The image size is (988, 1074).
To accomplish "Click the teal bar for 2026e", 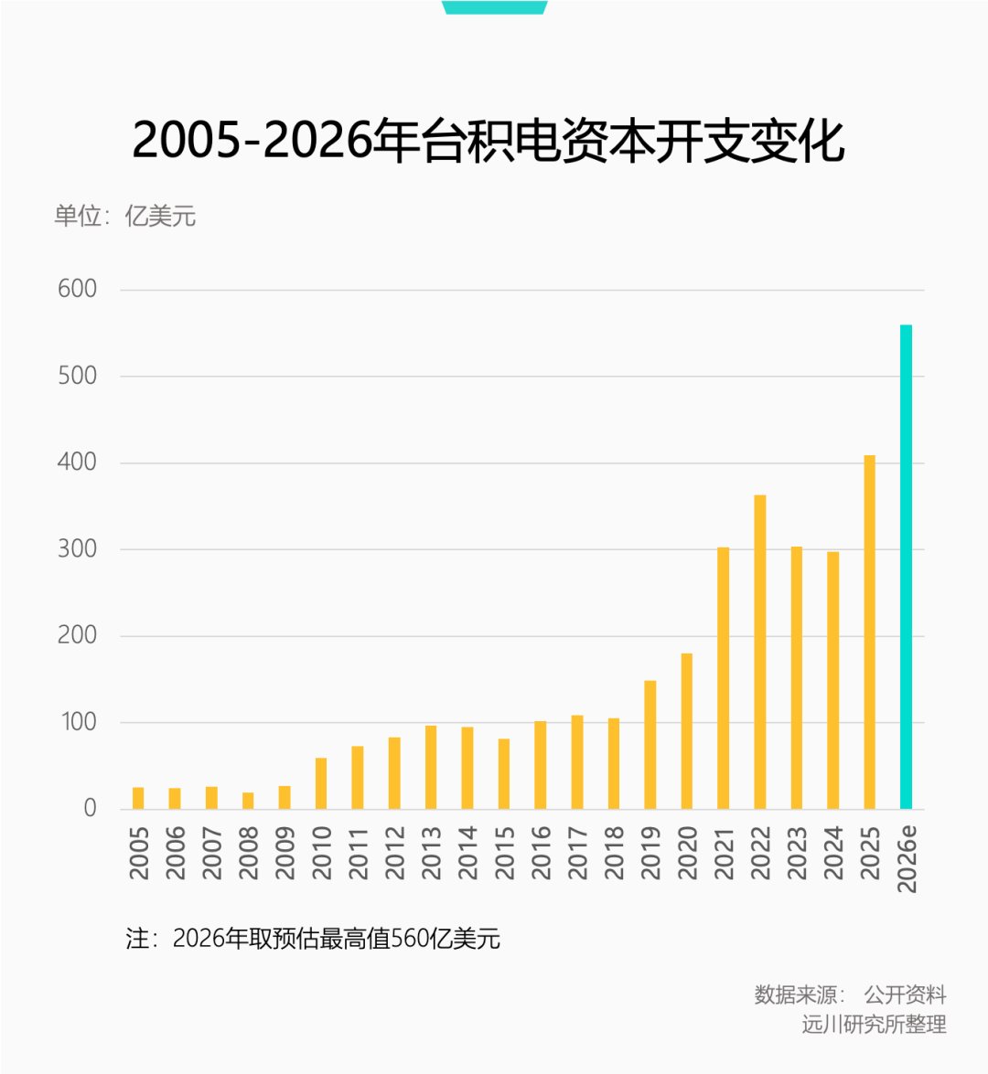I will [906, 567].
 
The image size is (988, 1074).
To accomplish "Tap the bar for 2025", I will [869, 632].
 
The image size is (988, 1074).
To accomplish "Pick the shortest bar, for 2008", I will [248, 801].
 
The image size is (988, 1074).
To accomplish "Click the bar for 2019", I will [650, 745].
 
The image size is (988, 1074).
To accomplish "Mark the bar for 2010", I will [321, 783].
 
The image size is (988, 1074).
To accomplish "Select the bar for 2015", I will [504, 773].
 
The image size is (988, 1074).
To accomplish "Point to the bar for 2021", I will [723, 677].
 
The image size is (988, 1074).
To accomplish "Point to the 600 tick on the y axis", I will [77, 289].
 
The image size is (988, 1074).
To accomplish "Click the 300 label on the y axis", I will [77, 548].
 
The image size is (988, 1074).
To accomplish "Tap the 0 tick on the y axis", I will [90, 808].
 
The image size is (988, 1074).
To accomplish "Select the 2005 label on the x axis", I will [139, 853].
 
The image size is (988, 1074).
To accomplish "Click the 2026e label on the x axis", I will [907, 858].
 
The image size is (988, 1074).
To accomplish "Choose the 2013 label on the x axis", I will [431, 853].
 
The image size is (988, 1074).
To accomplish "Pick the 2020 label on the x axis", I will [687, 853].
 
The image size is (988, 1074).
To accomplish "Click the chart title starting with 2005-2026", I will [489, 142].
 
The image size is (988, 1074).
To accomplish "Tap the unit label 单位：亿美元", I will [124, 217].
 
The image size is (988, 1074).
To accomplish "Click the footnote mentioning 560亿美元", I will [313, 939].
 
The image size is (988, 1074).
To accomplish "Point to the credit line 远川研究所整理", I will [874, 1025].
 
